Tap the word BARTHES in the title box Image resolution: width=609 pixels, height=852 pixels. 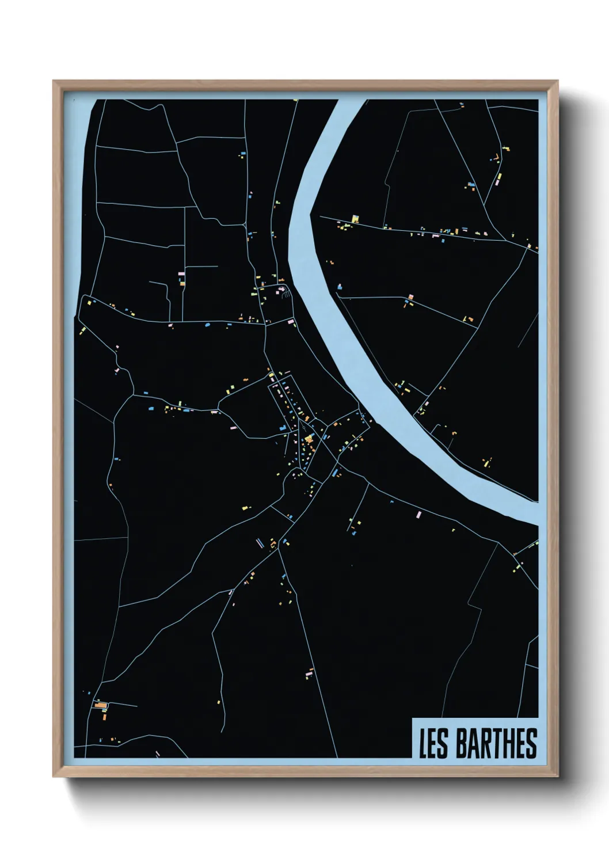coord(496,743)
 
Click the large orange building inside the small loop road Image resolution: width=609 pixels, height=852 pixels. coord(101,705)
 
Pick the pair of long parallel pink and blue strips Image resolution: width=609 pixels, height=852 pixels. coord(260,542)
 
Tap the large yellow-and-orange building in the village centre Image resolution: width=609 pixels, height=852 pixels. coord(309,439)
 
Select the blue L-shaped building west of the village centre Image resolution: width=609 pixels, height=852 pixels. coord(283,428)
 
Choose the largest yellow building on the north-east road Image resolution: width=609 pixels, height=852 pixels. coord(355,218)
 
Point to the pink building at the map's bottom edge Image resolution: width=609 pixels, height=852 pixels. coord(157,753)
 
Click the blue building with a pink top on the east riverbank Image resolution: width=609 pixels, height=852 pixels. coord(410,298)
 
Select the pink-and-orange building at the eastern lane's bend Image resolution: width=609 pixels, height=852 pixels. coord(469,318)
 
